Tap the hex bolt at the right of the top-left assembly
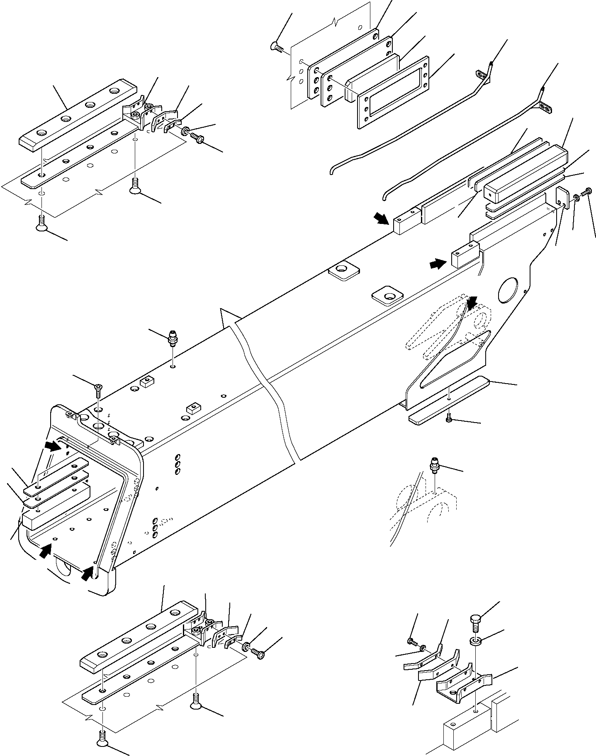click(x=198, y=138)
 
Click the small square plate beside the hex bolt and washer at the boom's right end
click(x=562, y=198)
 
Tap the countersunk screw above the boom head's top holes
click(x=98, y=389)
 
